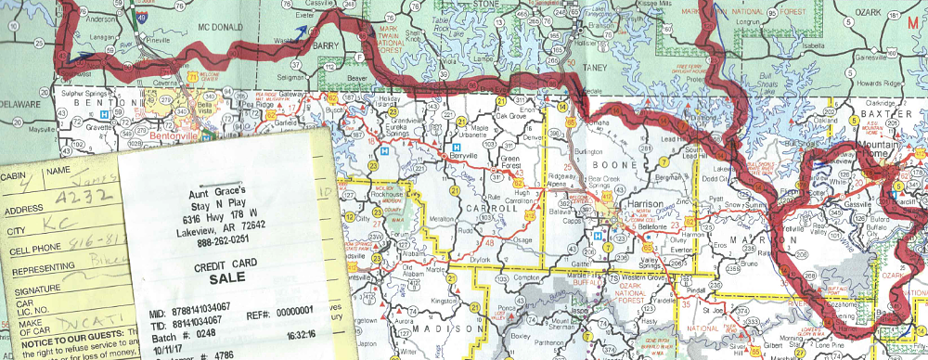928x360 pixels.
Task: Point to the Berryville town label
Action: (481, 157)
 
